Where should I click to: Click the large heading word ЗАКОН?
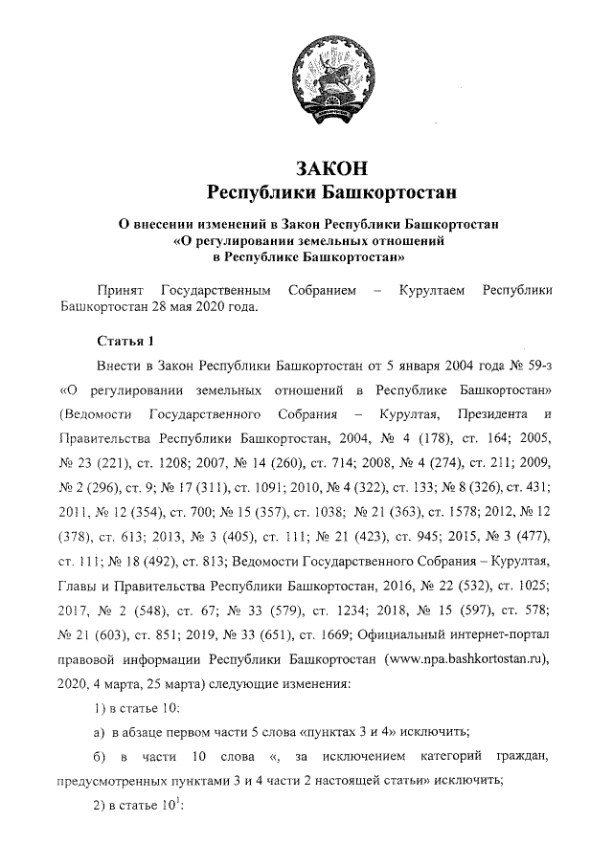tap(332, 168)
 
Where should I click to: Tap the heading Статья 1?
tap(125, 342)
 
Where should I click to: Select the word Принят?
tap(120, 289)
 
